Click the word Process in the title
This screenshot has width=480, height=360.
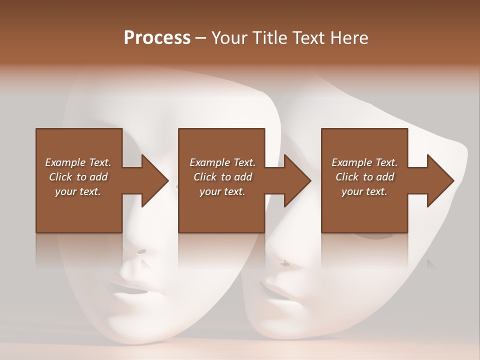pos(157,38)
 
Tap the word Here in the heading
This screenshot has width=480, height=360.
pos(349,38)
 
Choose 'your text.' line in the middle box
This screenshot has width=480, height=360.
pos(222,191)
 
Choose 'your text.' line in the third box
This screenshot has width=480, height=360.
pos(364,191)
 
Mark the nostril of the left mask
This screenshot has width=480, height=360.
pos(142,251)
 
